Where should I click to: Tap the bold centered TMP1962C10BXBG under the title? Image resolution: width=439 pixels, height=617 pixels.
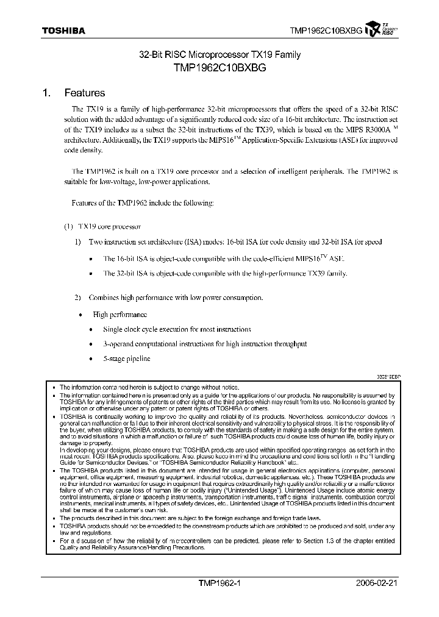pos(219,68)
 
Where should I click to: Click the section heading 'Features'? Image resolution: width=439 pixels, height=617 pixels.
pos(84,93)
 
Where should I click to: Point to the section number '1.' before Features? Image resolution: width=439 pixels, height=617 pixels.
pos(46,93)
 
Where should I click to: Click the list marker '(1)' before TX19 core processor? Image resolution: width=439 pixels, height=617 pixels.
pos(69,226)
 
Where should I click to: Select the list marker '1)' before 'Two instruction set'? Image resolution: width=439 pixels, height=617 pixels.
pos(78,242)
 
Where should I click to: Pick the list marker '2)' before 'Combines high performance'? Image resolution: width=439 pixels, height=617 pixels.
pos(78,298)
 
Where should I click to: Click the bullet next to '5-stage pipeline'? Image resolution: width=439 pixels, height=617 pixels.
pos(90,359)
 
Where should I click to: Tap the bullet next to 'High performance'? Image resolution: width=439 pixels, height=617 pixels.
pos(80,315)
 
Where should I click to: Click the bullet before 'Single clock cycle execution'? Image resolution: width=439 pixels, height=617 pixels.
pos(90,330)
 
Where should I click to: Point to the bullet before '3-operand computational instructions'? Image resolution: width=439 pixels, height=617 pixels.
pos(90,344)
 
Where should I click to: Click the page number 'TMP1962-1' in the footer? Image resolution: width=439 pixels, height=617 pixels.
pos(220,583)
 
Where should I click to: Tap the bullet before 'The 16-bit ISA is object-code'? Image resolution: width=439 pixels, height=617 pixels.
pos(90,259)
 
